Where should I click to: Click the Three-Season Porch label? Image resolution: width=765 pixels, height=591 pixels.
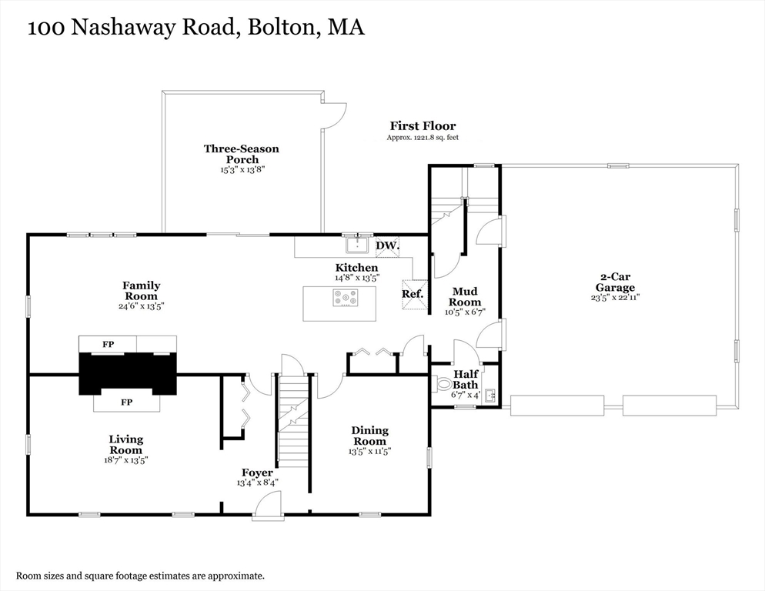242,154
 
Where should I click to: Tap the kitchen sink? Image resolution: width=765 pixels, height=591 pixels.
359,245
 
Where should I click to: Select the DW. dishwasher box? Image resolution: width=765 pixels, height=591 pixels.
388,246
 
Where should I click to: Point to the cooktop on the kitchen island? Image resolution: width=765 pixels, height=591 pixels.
346,298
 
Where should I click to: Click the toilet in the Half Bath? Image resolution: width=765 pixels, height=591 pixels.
441,384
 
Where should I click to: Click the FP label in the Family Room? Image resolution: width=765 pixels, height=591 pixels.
109,344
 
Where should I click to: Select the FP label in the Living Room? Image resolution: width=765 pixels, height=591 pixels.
127,402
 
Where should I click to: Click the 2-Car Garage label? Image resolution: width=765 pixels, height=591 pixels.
615,282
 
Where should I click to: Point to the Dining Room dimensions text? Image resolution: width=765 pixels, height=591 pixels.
370,452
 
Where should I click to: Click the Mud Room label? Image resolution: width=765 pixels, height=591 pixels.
465,297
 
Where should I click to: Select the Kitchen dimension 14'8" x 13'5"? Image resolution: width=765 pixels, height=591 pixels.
357,278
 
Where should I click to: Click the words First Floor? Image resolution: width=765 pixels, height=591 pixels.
423,126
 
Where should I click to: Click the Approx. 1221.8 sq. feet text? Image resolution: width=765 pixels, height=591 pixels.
423,138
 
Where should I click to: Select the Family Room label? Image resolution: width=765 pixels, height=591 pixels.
142,291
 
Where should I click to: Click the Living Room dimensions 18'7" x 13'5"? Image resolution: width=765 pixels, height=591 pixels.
126,459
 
